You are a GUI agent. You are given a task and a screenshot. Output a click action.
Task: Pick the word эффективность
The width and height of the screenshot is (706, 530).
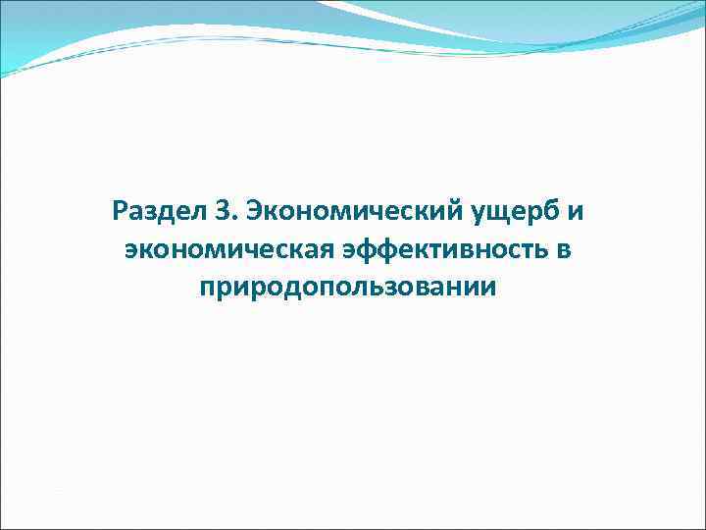[441, 250]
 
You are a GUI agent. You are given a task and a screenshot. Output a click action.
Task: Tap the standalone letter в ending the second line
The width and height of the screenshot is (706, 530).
[563, 251]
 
